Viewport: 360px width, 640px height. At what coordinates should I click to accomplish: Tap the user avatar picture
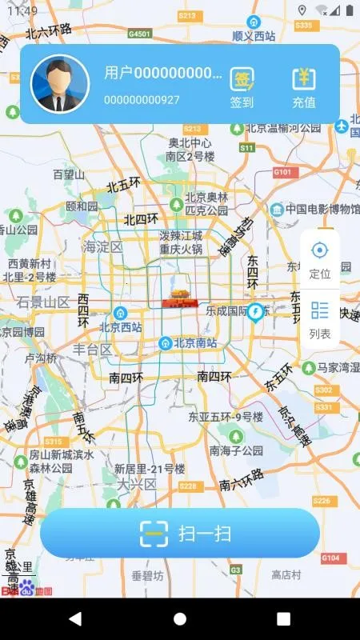tap(60, 83)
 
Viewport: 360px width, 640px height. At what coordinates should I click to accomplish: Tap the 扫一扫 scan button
tap(180, 533)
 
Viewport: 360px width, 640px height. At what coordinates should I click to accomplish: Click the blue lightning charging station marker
tap(255, 310)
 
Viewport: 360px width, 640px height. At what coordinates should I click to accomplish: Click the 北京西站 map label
tap(120, 327)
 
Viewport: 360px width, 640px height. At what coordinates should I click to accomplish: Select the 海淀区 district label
tap(103, 247)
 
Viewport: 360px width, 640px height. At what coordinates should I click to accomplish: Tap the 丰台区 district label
tap(93, 350)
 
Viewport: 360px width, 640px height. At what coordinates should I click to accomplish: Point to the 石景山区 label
tap(44, 302)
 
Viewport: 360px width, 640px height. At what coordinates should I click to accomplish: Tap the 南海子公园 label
tap(236, 450)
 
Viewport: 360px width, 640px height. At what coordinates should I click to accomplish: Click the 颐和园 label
tap(81, 206)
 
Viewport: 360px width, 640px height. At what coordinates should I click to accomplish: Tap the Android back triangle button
tap(75, 618)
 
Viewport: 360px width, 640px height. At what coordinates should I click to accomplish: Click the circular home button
tap(180, 618)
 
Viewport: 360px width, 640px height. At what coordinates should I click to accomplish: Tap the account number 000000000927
tap(142, 100)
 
